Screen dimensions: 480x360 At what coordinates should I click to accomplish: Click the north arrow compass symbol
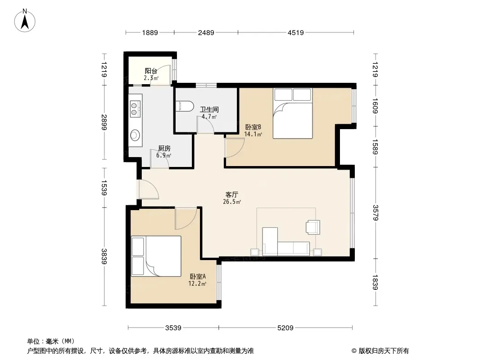click(25, 21)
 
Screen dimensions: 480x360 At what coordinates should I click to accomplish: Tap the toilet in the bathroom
click(185, 106)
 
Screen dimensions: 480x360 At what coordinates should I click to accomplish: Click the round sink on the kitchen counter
click(135, 135)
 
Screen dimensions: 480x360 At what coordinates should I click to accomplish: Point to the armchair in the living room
click(313, 227)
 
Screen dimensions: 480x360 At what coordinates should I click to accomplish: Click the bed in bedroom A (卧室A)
click(156, 256)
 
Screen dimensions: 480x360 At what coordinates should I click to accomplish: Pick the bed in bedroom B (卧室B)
click(293, 113)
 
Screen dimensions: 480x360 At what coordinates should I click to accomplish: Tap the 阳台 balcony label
click(151, 71)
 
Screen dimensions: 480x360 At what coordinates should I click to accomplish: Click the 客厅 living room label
click(232, 194)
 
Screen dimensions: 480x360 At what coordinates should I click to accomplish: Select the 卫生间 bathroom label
click(209, 109)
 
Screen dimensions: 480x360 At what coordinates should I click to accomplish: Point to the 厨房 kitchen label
click(164, 148)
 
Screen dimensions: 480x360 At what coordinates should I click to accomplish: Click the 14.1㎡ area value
click(253, 134)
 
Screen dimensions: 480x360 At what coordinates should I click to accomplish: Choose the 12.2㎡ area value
click(197, 283)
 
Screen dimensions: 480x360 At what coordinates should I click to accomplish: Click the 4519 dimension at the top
click(296, 32)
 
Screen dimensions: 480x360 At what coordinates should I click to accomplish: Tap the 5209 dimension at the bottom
click(285, 328)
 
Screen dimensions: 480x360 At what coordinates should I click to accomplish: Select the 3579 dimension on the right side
click(376, 212)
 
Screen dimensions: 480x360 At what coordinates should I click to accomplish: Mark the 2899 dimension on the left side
click(104, 122)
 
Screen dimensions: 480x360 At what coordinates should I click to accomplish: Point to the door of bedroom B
click(235, 148)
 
